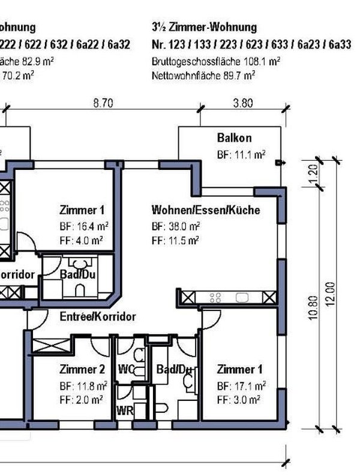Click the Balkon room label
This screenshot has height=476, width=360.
point(234,139)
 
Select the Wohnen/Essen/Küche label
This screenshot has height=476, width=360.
point(205,211)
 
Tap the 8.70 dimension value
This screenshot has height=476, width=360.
point(103,103)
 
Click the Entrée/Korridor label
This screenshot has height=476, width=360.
point(97,316)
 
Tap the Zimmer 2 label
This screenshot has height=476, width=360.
point(83,369)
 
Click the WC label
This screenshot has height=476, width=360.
point(125,369)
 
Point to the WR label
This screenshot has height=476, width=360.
point(124,411)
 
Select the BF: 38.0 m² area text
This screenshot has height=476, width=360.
point(176,226)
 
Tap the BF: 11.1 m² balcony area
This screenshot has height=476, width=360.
point(241,154)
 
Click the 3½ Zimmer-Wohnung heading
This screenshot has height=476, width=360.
point(205,27)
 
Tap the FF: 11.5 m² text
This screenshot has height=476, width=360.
point(176,240)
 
